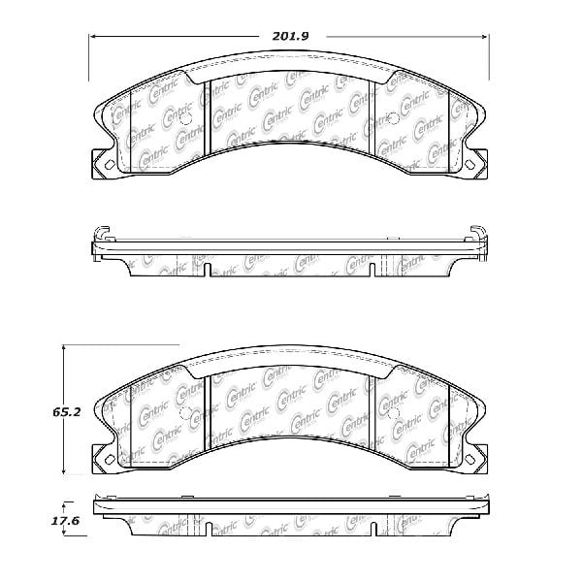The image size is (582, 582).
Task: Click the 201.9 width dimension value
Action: coord(288,37)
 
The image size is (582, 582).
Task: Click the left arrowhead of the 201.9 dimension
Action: coord(93,37)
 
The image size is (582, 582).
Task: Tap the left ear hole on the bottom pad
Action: coord(109,459)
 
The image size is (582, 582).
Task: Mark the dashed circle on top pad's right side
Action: coord(394,120)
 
